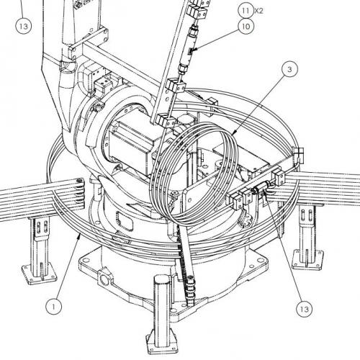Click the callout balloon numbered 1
[53, 307]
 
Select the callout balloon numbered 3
[289, 69]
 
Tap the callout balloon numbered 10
[246, 26]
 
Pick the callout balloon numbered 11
[246, 11]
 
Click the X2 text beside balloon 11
[258, 11]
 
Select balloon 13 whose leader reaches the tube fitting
[304, 309]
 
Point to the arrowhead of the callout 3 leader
[234, 132]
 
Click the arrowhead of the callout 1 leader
[78, 235]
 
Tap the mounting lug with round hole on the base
[105, 278]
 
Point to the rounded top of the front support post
[162, 280]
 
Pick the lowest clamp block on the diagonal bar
[166, 120]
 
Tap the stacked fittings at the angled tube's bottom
[189, 291]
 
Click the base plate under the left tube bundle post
[40, 274]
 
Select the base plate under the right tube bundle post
[308, 260]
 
